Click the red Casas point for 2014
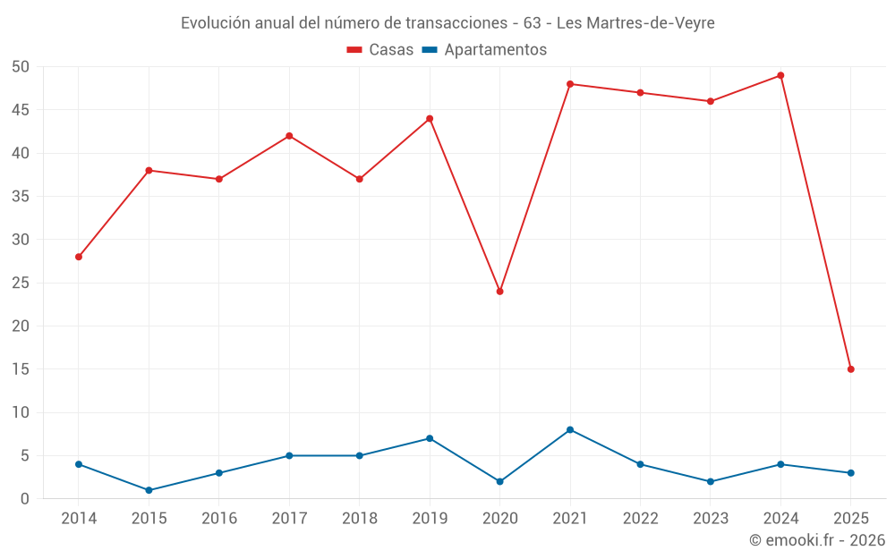tap(79, 257)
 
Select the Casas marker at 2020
tap(500, 292)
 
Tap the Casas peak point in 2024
tap(780, 75)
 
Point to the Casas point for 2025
tap(851, 369)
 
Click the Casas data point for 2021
tap(570, 84)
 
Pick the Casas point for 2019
tap(430, 119)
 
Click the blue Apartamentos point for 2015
tap(149, 490)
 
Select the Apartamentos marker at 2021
tap(570, 430)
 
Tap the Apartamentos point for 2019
tap(430, 438)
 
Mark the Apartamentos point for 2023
tap(711, 481)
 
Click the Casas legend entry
tap(380, 50)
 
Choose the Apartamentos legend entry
tap(484, 50)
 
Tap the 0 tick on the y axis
tap(25, 499)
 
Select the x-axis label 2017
tap(289, 519)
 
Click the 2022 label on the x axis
tap(640, 519)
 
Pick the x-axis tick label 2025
tap(851, 519)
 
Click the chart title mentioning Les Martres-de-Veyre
tap(447, 23)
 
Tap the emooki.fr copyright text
tap(817, 540)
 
